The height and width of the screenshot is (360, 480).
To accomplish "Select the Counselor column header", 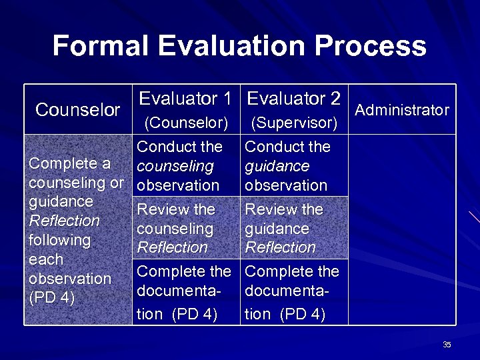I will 77,110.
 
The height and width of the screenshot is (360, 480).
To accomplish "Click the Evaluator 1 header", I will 185,99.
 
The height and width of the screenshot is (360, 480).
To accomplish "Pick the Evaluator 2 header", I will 294,99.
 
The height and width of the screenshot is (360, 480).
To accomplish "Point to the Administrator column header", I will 402,110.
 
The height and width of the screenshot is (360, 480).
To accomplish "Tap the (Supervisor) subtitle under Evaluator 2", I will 294,123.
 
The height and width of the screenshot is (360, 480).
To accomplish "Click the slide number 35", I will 447,345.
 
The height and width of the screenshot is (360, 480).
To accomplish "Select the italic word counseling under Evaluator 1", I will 175,166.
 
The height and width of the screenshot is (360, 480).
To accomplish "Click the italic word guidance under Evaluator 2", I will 277,166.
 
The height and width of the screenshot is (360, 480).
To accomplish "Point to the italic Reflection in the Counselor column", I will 64,221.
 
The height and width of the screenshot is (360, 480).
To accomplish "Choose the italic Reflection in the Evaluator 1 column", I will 172,247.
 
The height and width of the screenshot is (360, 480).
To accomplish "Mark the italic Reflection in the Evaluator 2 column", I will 280,247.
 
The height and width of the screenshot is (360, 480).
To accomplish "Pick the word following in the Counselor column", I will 59,240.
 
